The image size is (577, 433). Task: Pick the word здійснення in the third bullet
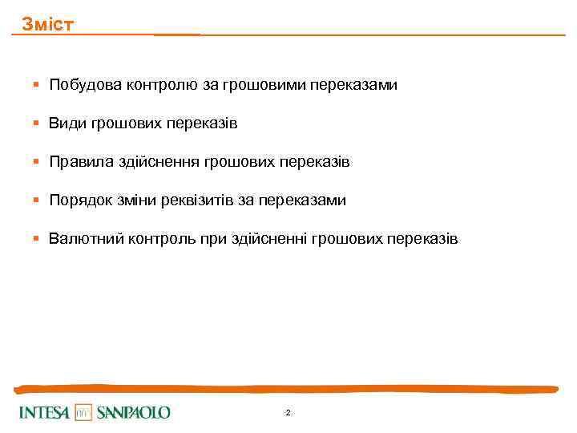164,162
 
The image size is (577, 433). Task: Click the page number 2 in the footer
288,413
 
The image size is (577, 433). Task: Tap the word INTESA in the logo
45,413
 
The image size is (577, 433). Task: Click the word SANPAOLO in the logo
134,413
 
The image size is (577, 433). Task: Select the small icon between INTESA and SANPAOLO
84,413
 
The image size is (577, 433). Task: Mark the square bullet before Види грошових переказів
36,123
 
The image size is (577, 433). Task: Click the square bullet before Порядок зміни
36,200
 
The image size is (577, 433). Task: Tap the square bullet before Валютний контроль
36,239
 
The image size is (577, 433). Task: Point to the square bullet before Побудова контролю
36,85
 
